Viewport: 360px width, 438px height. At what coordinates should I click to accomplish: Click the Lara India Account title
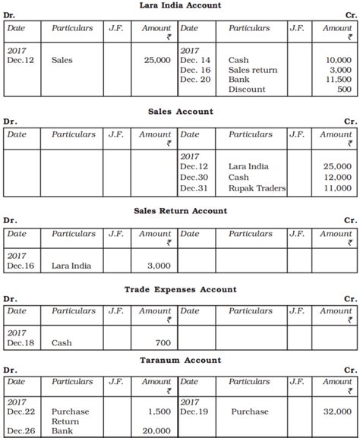[181, 6]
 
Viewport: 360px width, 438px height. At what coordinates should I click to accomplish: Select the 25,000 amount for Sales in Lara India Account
[155, 59]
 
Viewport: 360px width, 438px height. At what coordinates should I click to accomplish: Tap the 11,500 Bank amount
[337, 80]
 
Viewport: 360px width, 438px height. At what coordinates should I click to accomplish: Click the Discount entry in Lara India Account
[247, 90]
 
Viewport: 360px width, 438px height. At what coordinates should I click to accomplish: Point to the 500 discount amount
[343, 90]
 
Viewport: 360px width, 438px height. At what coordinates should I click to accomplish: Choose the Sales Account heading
[181, 112]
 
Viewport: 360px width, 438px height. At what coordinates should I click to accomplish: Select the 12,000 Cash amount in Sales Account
[337, 177]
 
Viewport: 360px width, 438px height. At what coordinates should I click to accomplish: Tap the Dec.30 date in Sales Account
[193, 177]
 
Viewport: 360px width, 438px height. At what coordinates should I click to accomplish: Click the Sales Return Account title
[181, 210]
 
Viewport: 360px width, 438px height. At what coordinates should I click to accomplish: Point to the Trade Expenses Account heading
[181, 289]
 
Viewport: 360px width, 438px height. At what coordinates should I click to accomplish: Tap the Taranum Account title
[181, 360]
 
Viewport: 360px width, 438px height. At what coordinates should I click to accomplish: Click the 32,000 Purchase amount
[337, 412]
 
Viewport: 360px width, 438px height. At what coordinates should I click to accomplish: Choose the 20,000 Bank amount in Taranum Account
[155, 431]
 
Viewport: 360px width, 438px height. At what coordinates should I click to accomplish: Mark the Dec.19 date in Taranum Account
[193, 412]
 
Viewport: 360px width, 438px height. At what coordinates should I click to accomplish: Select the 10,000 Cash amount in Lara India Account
[337, 59]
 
